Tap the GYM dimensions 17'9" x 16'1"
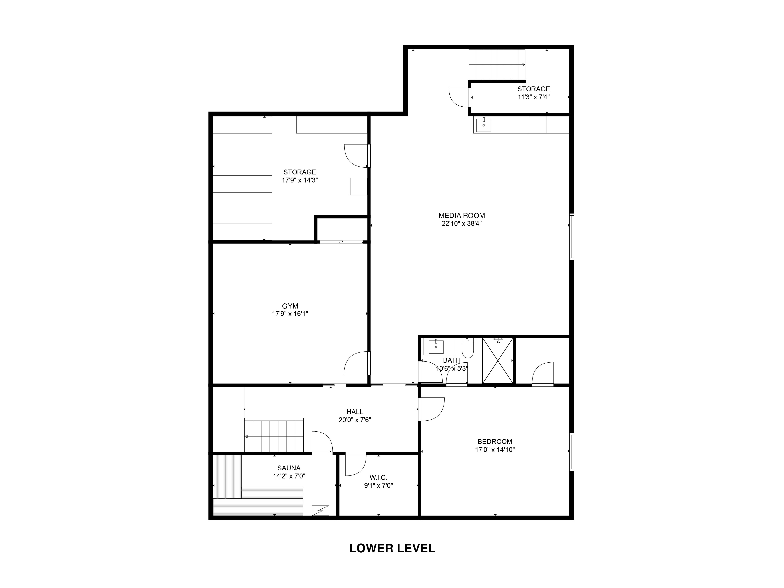pos(290,314)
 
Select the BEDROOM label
pos(495,442)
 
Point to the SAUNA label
pos(289,468)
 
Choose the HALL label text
pos(355,412)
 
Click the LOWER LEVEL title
pos(392,548)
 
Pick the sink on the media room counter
pos(484,125)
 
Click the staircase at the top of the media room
pos(497,65)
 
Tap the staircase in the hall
pos(274,435)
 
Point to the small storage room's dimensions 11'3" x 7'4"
pos(534,97)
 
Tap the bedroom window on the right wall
pos(571,452)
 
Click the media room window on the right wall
pos(571,236)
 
